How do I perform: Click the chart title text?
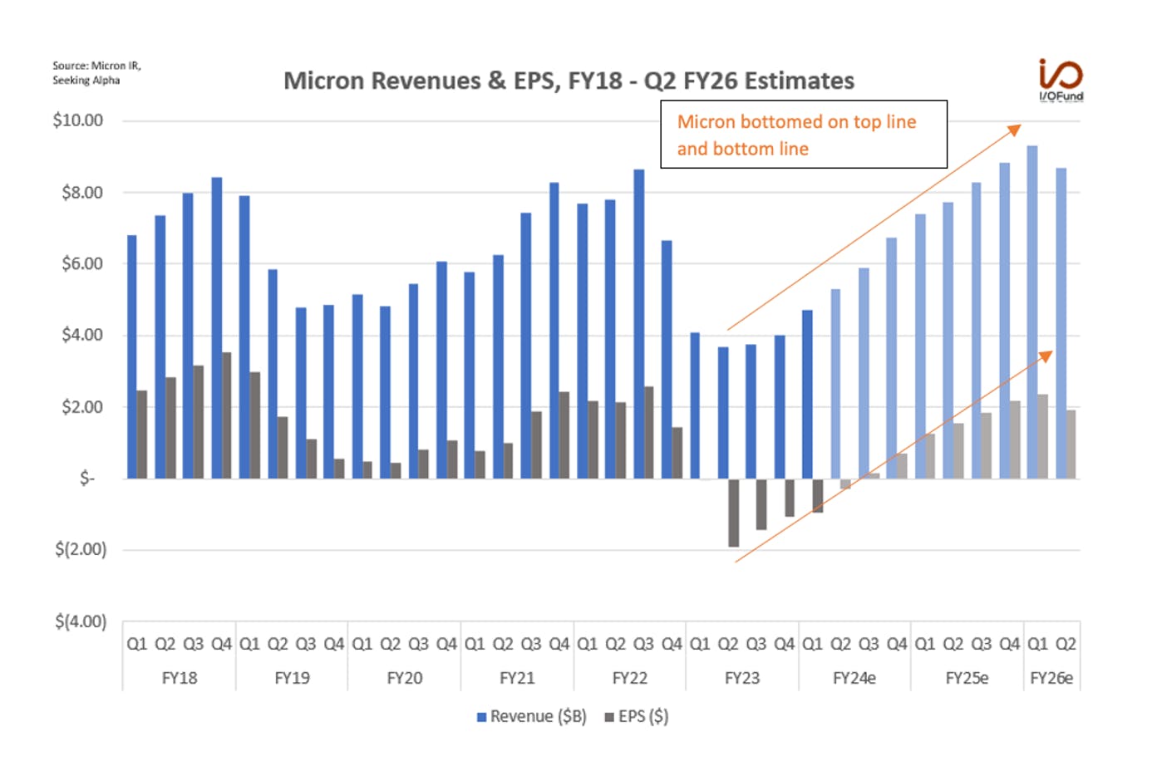569,81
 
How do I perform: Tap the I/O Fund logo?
1061,81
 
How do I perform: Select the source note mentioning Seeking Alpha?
96,73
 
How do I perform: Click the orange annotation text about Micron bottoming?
796,135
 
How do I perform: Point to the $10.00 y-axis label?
77,120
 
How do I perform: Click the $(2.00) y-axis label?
81,549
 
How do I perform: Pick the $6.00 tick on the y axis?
82,264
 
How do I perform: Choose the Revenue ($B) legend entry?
532,716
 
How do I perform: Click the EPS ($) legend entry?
637,716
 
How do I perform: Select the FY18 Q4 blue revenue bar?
217,328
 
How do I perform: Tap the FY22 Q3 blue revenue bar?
638,324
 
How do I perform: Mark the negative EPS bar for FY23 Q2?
734,513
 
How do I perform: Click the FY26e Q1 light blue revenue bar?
1032,312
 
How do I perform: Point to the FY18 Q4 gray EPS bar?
227,415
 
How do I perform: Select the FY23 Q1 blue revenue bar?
695,405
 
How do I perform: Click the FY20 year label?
405,678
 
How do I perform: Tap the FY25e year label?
967,678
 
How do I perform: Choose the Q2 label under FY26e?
1066,644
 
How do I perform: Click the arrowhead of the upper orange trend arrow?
1015,130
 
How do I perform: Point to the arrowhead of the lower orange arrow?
1046,356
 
